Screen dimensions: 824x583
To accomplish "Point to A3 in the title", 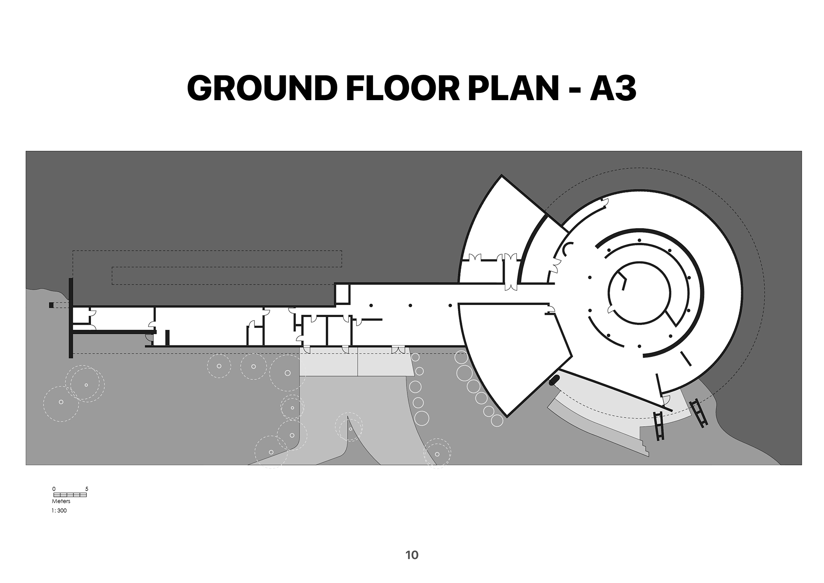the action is (613, 89).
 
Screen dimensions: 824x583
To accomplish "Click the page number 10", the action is (412, 555).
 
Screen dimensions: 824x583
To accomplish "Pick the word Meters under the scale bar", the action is (61, 501).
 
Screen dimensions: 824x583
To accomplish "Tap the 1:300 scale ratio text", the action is (59, 511).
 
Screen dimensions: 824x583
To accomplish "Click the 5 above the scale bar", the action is (87, 489).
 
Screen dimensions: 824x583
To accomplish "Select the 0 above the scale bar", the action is (54, 489).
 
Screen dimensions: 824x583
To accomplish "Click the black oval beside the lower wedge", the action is (554, 380).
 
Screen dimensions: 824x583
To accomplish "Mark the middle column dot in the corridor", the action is (410, 305).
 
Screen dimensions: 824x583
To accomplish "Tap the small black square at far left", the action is (51, 305).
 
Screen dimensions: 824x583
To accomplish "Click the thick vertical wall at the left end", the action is (70, 318).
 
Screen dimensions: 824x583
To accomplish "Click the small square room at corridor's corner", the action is (342, 294).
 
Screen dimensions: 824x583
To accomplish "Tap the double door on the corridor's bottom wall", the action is (398, 349).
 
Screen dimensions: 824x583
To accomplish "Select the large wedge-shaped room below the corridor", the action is (511, 352).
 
